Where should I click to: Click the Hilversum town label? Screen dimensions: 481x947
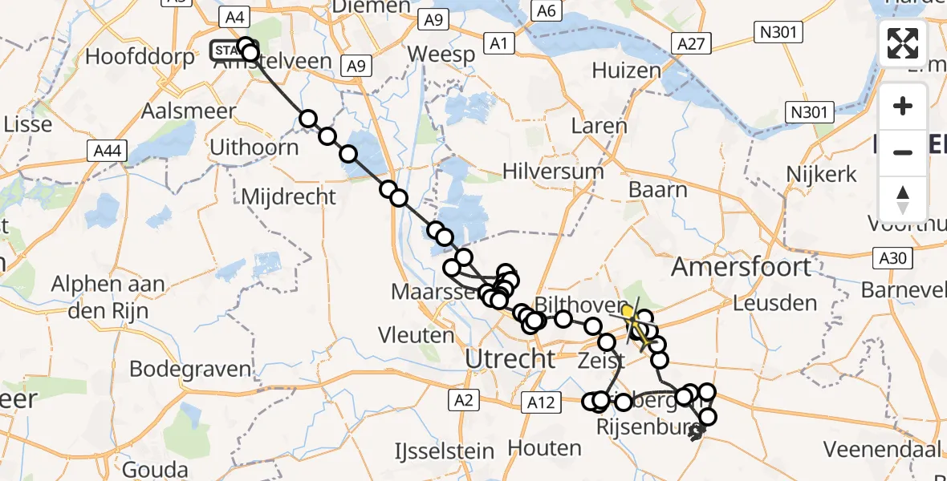point(553,171)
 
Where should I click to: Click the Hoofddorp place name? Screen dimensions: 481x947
point(140,57)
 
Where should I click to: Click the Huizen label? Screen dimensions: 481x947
point(626,71)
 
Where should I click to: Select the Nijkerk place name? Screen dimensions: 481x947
point(822,173)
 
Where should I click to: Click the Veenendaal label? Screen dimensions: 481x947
point(880,447)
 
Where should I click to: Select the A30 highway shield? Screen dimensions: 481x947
point(891,258)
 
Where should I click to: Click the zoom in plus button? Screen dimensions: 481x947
point(903,107)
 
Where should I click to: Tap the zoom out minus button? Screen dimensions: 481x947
point(903,152)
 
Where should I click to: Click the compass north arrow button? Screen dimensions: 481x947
point(903,199)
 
